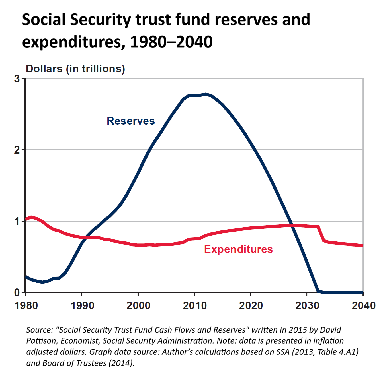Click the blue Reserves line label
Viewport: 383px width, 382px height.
point(131,121)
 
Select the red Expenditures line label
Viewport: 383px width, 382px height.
point(238,249)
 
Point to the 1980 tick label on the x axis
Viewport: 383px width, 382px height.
point(26,305)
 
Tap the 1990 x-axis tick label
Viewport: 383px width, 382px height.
point(82,305)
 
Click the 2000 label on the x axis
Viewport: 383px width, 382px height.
point(138,305)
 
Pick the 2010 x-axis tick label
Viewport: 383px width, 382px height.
point(195,305)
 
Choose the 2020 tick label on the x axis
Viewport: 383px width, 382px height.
point(251,305)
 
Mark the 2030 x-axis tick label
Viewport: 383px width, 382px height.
point(307,305)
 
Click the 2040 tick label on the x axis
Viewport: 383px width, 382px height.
point(364,305)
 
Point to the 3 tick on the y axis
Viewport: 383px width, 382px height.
point(17,79)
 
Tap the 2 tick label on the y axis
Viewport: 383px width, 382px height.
point(17,150)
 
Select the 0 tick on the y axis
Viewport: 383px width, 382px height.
point(17,292)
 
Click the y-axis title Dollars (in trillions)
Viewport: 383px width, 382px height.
point(75,69)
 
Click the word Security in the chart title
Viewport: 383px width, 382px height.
point(101,20)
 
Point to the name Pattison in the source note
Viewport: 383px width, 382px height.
point(41,341)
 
